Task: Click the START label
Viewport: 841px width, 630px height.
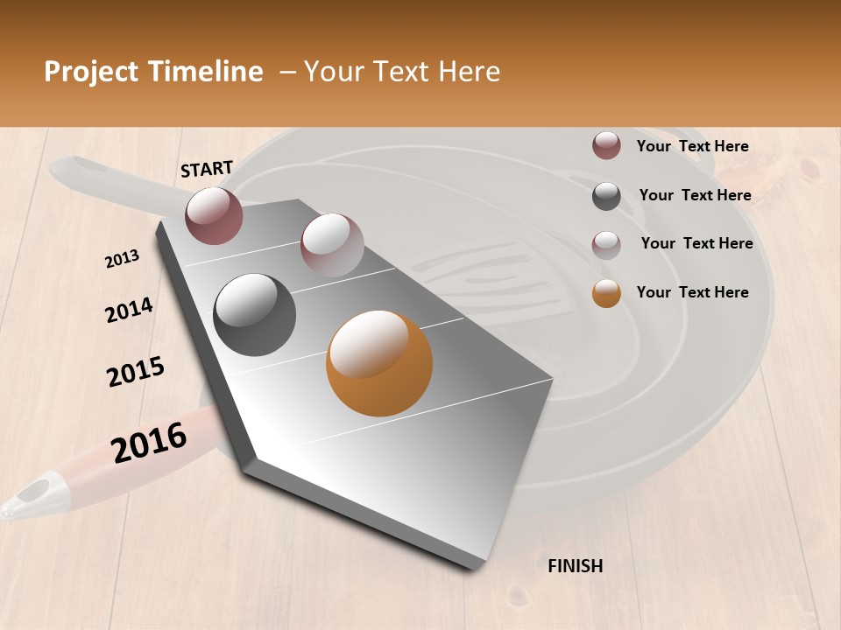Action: click(x=207, y=168)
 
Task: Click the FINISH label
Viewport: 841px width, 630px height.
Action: click(x=576, y=566)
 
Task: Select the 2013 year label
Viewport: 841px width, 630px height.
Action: click(x=123, y=259)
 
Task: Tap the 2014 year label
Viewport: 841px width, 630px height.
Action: click(x=129, y=311)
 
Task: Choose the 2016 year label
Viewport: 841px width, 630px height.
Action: click(x=149, y=442)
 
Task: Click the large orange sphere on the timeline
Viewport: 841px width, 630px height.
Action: click(x=379, y=363)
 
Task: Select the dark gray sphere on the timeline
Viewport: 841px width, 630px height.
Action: click(x=255, y=315)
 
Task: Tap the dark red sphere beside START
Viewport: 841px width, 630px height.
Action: click(x=214, y=215)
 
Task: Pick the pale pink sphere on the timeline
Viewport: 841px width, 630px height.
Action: click(x=332, y=245)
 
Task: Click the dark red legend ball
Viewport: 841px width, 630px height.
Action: click(x=606, y=146)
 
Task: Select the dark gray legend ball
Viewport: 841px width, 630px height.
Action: click(x=606, y=196)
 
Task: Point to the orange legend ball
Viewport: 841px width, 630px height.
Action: click(x=606, y=293)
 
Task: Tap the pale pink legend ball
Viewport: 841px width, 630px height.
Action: click(x=606, y=244)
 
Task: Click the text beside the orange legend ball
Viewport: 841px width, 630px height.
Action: click(x=692, y=292)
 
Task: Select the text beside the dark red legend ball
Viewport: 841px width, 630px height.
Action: click(x=692, y=146)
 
